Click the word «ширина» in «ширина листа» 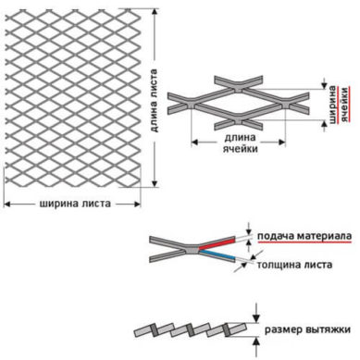(x=57, y=204)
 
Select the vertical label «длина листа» (x=154, y=100)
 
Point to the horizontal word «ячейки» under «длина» (x=240, y=149)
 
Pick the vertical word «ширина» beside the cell (x=333, y=105)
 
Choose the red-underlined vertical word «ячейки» (x=344, y=105)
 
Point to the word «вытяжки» (x=328, y=329)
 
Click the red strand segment (x=217, y=243)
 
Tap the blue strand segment (x=217, y=254)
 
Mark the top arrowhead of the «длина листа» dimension (x=155, y=12)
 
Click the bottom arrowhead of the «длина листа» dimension (x=155, y=183)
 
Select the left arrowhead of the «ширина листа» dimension (x=6, y=204)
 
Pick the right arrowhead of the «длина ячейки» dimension (x=281, y=142)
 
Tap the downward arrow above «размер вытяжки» (x=256, y=314)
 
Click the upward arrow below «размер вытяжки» (x=256, y=347)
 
